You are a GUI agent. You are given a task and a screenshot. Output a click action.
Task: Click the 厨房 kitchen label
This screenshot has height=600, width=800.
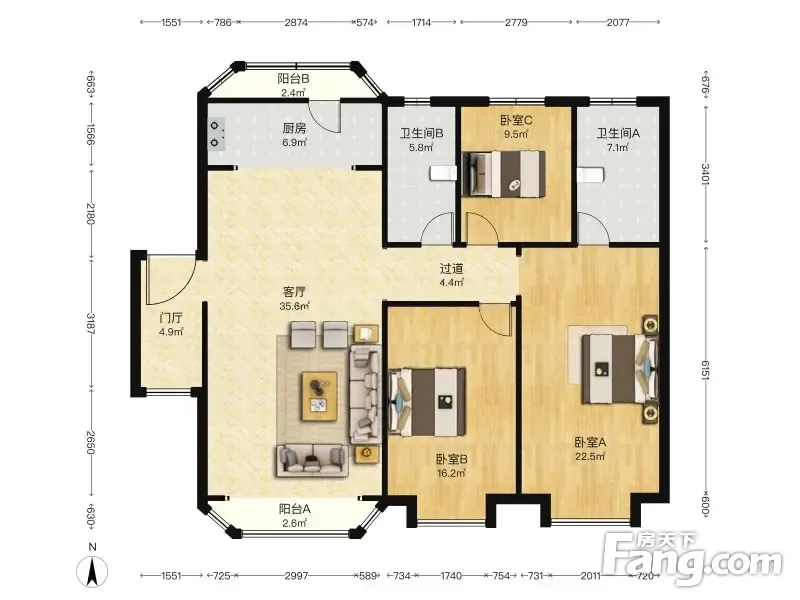tap(294, 129)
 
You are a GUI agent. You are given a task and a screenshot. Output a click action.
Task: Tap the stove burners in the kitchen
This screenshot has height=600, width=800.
tap(216, 134)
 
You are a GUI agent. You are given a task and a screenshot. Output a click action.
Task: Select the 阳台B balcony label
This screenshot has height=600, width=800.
tap(293, 79)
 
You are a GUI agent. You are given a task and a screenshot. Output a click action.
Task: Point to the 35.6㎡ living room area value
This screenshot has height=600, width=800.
tap(294, 306)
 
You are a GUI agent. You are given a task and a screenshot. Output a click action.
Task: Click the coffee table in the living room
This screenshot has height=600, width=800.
tap(320, 396)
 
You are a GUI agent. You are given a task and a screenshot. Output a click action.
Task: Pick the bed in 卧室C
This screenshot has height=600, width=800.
tap(503, 173)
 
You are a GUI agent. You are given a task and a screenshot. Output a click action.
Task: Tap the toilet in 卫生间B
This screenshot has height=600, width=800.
tap(443, 173)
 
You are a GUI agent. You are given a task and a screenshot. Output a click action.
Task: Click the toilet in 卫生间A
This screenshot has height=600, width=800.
tap(591, 174)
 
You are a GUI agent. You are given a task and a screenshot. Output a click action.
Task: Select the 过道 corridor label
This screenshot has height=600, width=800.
tap(451, 268)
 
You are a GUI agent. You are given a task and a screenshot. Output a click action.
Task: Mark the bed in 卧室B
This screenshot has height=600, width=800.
tap(427, 402)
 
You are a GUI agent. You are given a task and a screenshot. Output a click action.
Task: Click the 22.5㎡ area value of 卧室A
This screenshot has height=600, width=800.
tap(590, 457)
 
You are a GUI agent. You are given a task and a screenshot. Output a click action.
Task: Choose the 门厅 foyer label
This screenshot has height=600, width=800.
tap(170, 318)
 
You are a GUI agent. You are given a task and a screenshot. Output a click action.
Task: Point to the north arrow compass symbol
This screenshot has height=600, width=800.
tap(92, 571)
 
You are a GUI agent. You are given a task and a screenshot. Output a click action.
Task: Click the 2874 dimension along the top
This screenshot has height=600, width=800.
tap(296, 22)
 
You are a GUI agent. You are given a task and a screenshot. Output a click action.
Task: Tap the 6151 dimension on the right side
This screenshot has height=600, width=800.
tap(706, 370)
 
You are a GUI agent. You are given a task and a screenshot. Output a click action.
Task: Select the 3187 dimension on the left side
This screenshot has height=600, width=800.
tap(90, 323)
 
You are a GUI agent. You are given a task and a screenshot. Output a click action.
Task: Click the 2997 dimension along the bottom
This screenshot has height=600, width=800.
tap(296, 576)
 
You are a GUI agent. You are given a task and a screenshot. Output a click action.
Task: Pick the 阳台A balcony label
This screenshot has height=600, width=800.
tap(294, 509)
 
